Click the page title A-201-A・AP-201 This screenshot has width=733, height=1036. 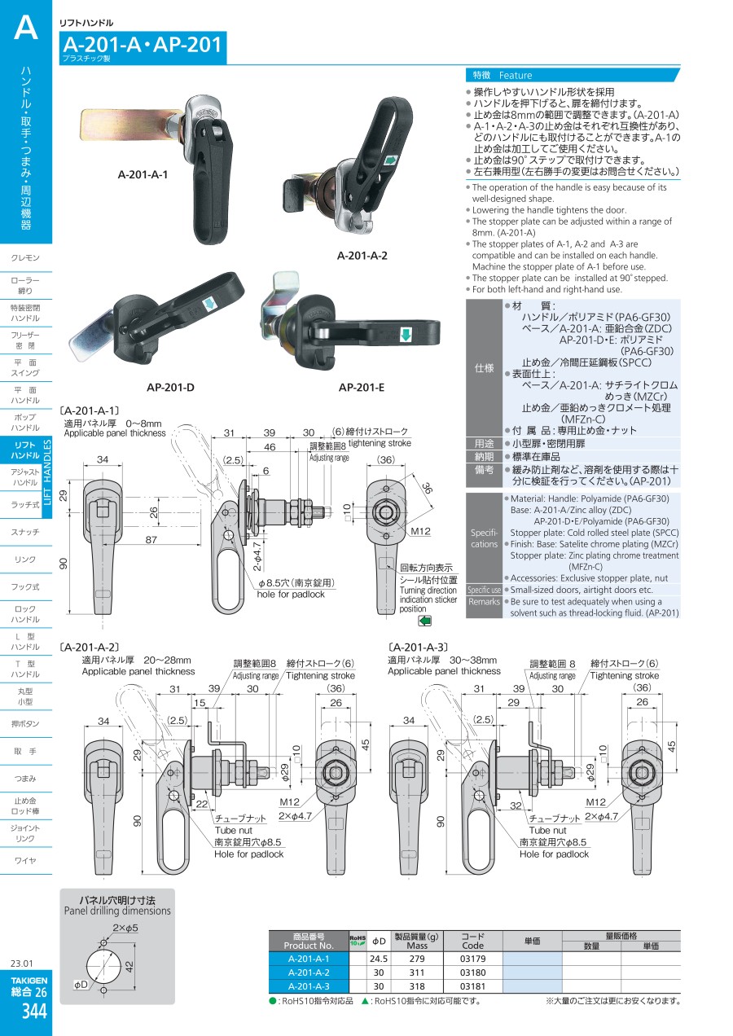point(142,44)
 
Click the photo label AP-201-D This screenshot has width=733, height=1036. point(170,387)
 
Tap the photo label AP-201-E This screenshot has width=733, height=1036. point(362,387)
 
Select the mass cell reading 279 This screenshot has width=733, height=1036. point(417,959)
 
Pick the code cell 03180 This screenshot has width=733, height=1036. point(472,972)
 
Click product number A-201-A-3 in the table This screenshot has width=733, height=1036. point(309,986)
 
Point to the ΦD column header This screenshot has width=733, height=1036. point(379,941)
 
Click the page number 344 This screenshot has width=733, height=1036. point(35,1012)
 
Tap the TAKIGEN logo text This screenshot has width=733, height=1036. point(29,980)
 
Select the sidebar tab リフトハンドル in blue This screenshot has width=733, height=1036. point(26,450)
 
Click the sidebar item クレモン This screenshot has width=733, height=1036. point(26,258)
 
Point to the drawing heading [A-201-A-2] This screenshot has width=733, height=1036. point(90,646)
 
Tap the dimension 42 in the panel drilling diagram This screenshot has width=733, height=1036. point(128,967)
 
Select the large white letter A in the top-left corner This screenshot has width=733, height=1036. point(26,28)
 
